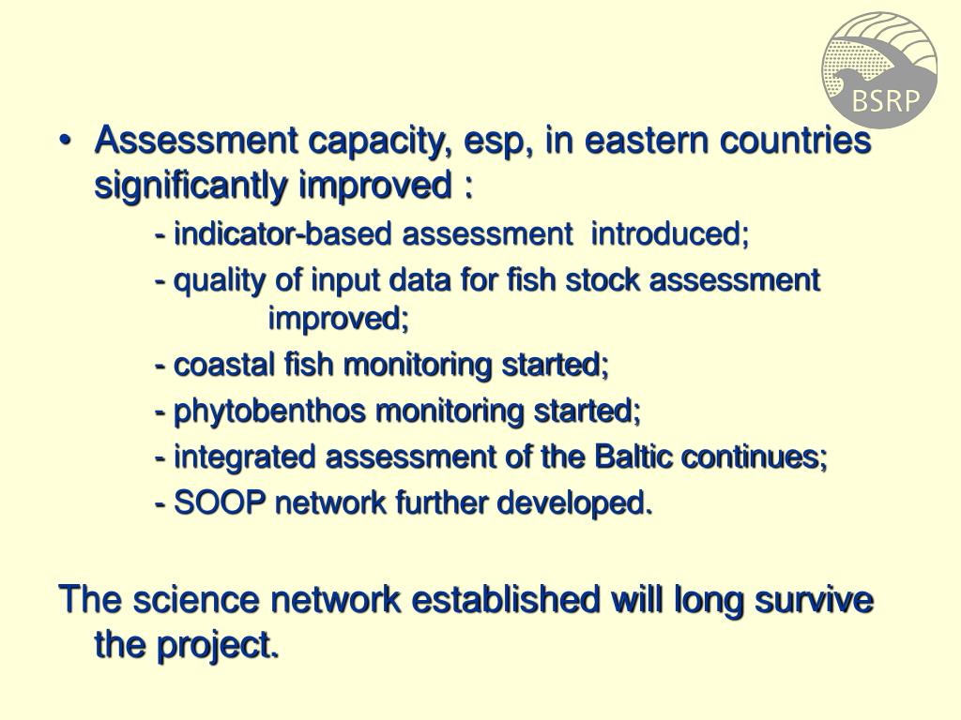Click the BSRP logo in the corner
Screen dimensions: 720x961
pos(879,69)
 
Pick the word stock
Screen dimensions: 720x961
pos(606,280)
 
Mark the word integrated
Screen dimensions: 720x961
pos(245,457)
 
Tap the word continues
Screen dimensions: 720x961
pos(755,457)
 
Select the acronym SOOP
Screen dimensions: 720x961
pos(221,503)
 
